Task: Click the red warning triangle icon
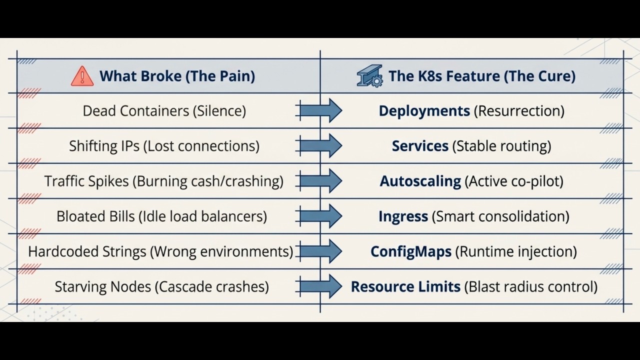82,76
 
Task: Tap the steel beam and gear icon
369,76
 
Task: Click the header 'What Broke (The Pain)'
177,76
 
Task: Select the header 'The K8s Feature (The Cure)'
481,76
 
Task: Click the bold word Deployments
424,111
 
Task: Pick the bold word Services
420,146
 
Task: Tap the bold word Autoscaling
420,181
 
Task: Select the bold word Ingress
403,216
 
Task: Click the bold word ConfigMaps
410,251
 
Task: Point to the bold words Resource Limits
405,287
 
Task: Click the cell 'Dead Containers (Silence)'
164,111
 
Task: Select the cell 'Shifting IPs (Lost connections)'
164,146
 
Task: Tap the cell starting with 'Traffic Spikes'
163,181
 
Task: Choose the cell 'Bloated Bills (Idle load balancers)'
161,216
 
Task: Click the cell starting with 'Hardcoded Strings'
160,251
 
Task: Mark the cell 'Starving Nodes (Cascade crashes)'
161,287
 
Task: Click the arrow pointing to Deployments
320,110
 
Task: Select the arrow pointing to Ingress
320,216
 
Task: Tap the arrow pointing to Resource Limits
320,286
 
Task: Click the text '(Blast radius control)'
531,287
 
